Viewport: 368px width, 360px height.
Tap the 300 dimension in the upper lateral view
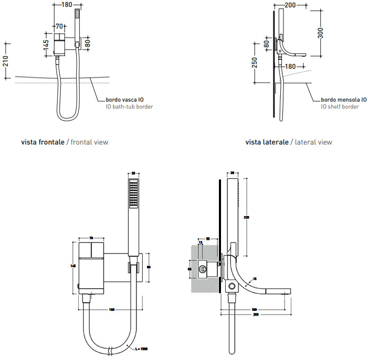coord(319,33)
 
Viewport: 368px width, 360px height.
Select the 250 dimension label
coord(255,62)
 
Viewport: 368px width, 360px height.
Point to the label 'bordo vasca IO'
coord(124,99)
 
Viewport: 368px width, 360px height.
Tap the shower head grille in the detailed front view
coord(133,193)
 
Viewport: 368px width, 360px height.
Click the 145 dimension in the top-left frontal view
coord(47,44)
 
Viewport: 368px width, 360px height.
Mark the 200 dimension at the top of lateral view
coord(290,5)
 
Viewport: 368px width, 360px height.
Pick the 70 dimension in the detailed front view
coord(91,238)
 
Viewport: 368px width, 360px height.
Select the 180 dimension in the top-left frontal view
coord(66,5)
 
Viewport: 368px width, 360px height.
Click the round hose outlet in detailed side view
coord(231,286)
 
